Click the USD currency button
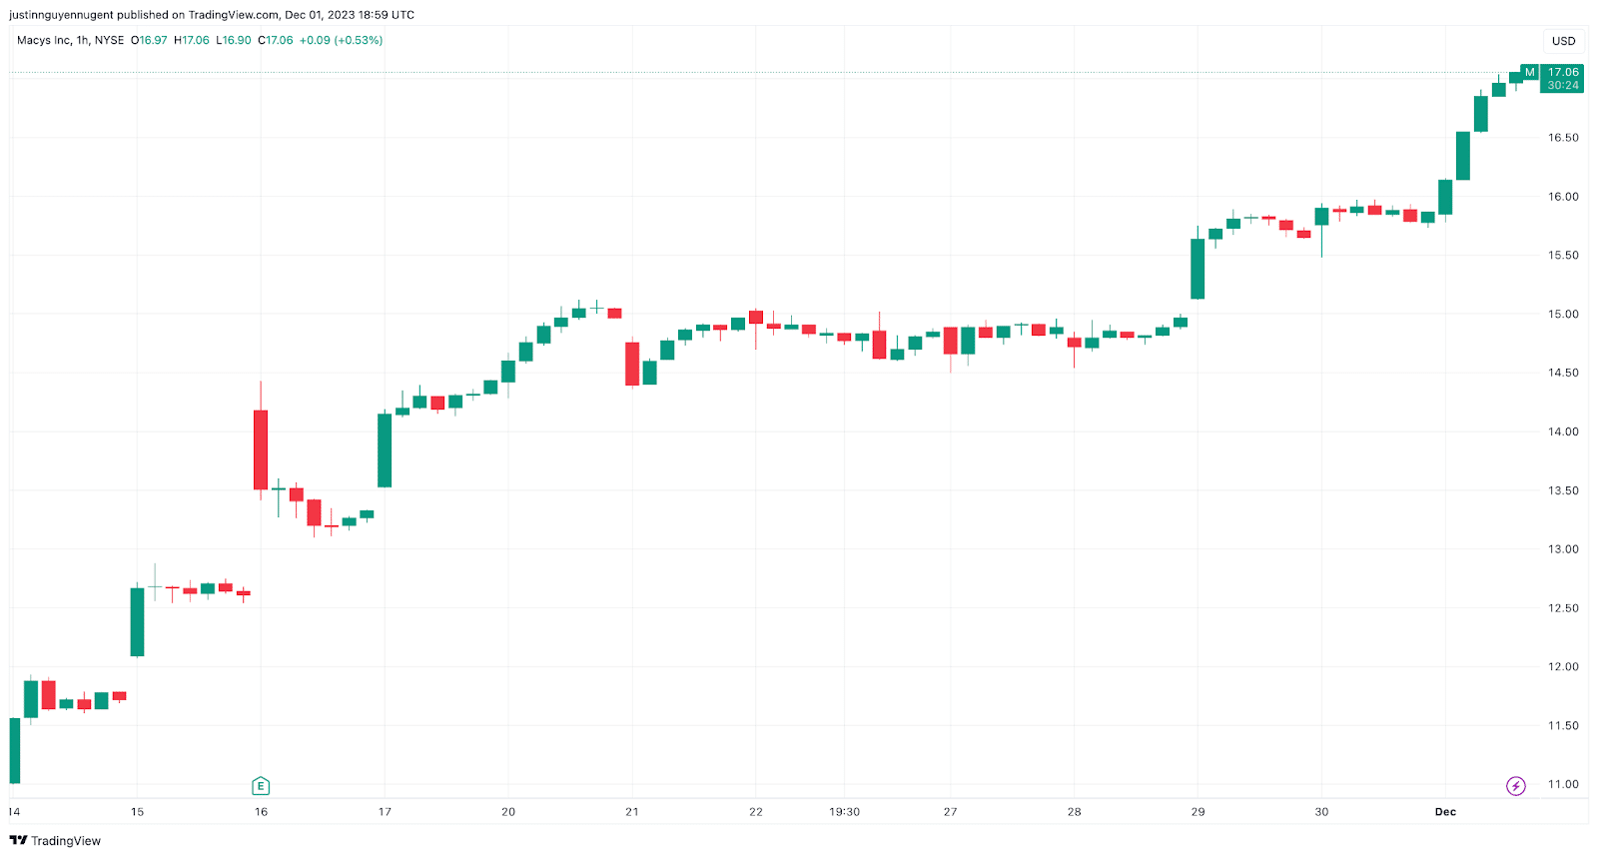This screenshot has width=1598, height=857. pyautogui.click(x=1563, y=41)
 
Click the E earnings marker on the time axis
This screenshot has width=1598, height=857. pyautogui.click(x=261, y=786)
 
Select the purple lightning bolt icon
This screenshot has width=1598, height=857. pyautogui.click(x=1515, y=786)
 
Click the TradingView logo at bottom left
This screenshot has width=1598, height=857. pyautogui.click(x=55, y=841)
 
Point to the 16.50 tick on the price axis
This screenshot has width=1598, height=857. pyautogui.click(x=1562, y=138)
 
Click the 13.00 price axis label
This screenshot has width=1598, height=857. pyautogui.click(x=1562, y=549)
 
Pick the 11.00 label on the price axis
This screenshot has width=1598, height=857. pyautogui.click(x=1562, y=784)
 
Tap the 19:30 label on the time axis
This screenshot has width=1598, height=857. pyautogui.click(x=844, y=812)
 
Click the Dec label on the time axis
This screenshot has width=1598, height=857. pyautogui.click(x=1445, y=812)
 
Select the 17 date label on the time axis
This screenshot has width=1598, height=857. pyautogui.click(x=385, y=812)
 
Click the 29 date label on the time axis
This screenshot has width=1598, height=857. pyautogui.click(x=1198, y=812)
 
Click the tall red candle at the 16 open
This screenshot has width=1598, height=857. pyautogui.click(x=261, y=449)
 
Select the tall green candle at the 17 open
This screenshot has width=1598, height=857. pyautogui.click(x=385, y=450)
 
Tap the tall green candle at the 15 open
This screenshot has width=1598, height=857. pyautogui.click(x=137, y=621)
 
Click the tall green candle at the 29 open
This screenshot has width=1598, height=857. pyautogui.click(x=1198, y=269)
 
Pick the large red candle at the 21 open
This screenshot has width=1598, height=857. pyautogui.click(x=632, y=364)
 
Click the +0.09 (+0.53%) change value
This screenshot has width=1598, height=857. pyautogui.click(x=341, y=41)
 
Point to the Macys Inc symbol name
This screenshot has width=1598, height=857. pyautogui.click(x=44, y=41)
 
